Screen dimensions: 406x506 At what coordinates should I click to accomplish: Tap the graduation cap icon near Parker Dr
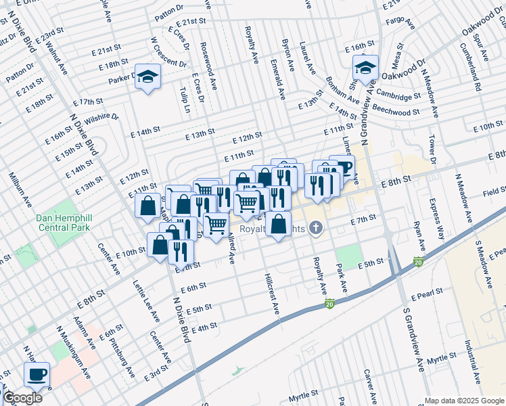pos(146,77)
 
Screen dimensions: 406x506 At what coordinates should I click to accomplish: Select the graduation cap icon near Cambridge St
pos(365,68)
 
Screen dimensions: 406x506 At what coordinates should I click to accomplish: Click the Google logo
pos(22,398)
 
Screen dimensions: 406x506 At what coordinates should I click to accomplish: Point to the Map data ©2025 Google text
pos(464,401)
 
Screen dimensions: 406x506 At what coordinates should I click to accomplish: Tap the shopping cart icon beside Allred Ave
pos(216,225)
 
